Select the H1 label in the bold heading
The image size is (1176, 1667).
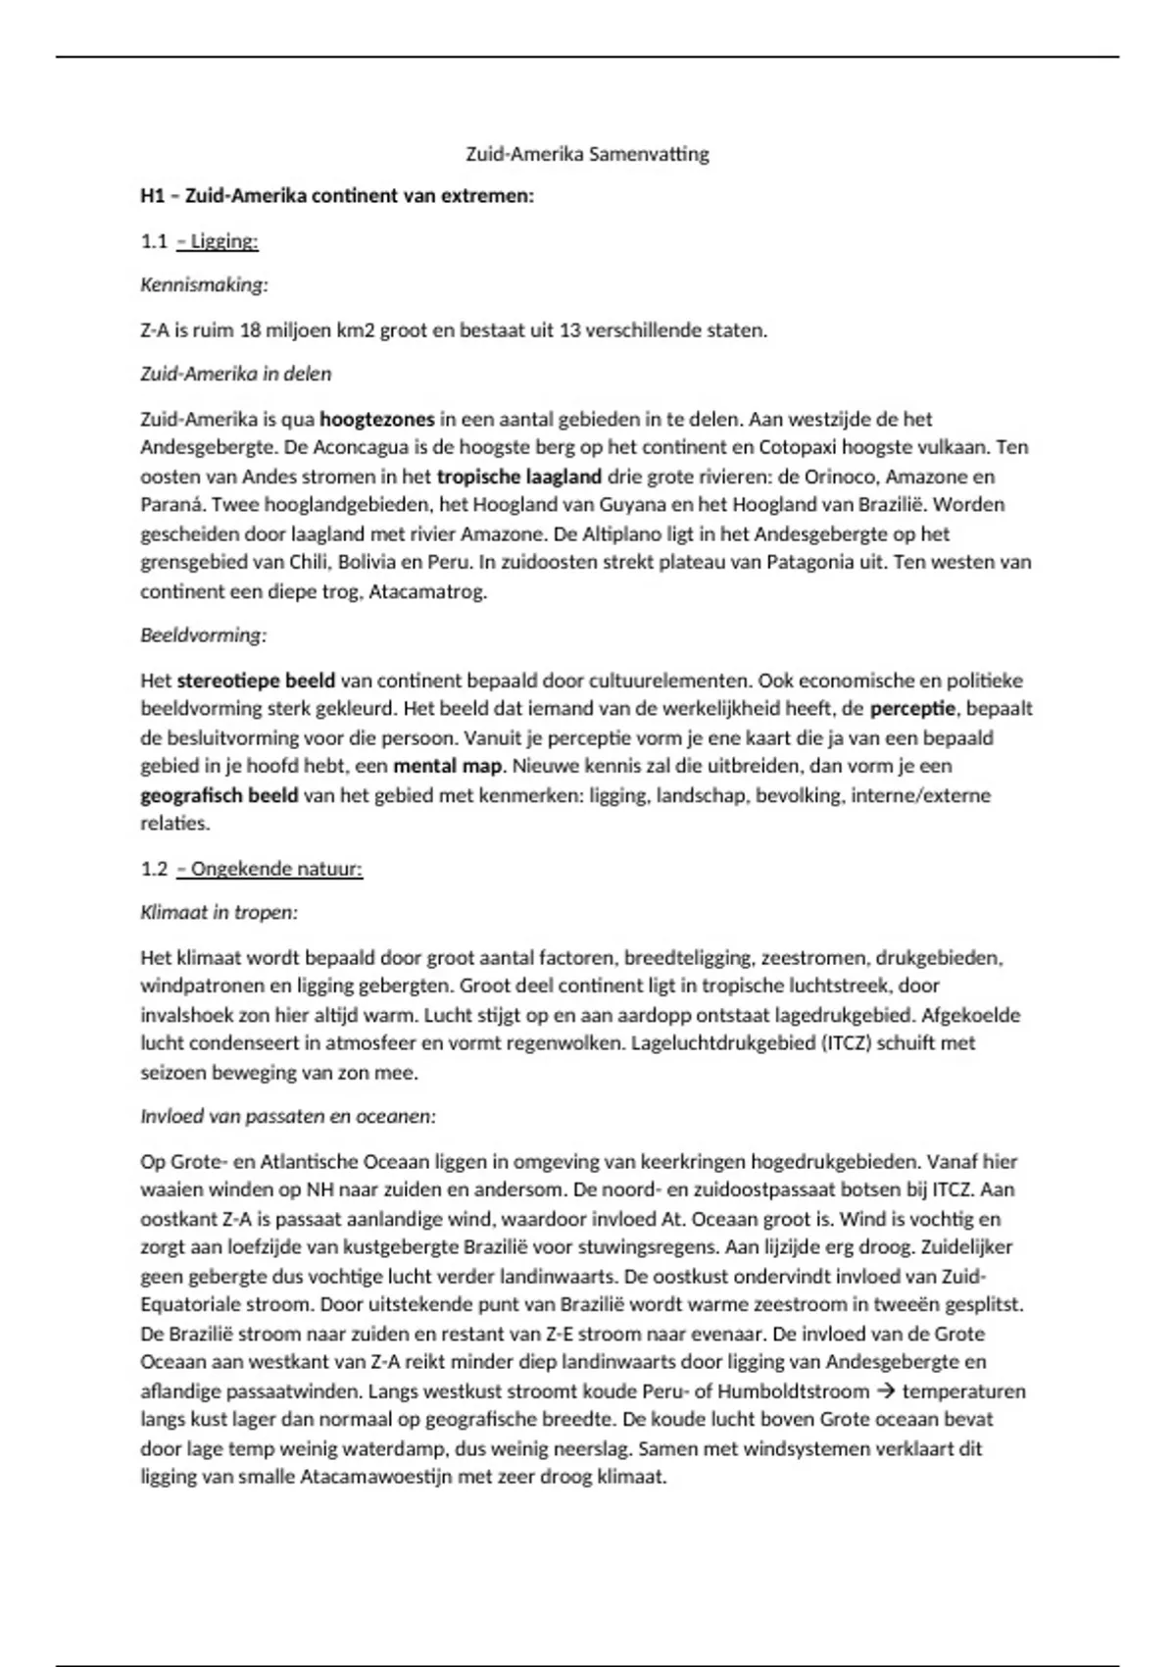tap(152, 196)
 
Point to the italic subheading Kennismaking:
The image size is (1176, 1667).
tap(204, 285)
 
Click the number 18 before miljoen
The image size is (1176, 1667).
tap(250, 330)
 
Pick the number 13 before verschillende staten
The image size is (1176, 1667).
tap(569, 330)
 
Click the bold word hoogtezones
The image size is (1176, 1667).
tap(377, 420)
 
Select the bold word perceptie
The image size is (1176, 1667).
tap(911, 709)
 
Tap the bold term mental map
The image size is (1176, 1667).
tap(448, 766)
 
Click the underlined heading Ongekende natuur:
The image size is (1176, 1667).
tap(277, 869)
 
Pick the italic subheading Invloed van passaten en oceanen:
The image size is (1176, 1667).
tap(288, 1117)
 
